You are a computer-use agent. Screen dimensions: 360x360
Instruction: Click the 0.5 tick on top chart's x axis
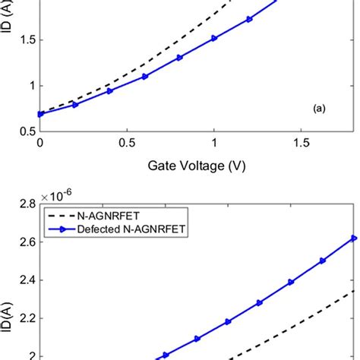click(127, 143)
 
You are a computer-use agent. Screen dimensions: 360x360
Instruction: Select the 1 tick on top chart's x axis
click(215, 143)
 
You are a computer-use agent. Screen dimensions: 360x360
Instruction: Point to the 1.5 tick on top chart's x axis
click(302, 143)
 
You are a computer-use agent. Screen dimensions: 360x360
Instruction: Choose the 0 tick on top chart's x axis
click(39, 143)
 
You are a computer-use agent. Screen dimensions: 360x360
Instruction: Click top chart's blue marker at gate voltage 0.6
click(145, 76)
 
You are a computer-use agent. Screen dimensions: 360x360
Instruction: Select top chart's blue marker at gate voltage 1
click(215, 38)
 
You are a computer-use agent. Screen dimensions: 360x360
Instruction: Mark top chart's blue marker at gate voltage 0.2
click(74, 104)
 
